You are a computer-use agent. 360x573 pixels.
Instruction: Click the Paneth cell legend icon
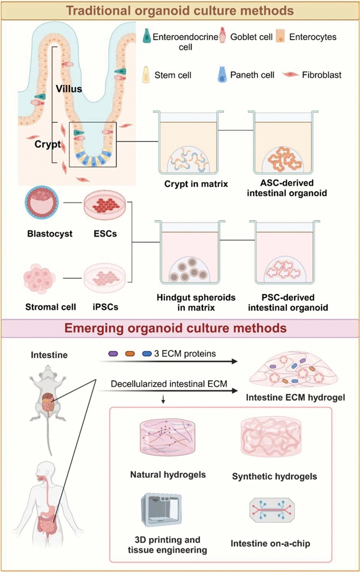coord(221,74)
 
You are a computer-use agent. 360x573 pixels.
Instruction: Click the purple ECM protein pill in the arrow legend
coord(113,353)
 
